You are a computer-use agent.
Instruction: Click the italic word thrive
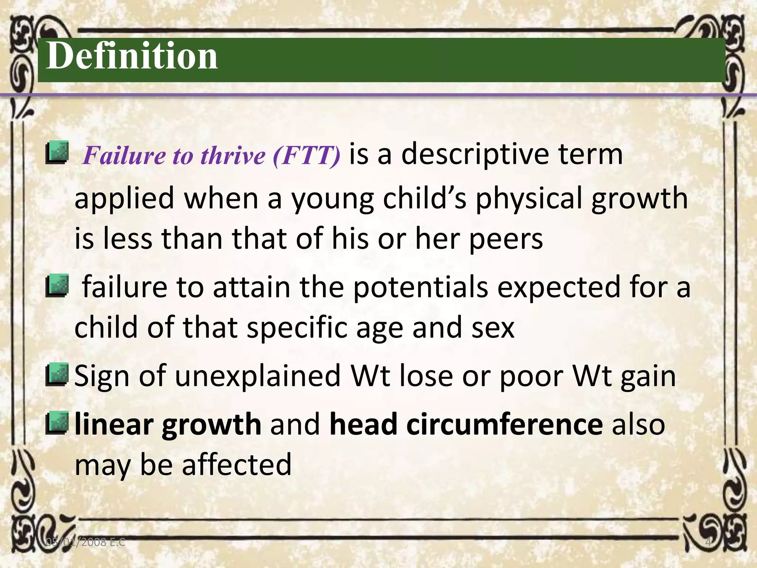coord(233,155)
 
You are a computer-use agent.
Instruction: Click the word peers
coord(506,239)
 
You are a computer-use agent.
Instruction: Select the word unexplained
coord(258,376)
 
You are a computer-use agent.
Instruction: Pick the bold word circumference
coord(466,425)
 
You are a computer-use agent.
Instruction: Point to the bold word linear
coord(114,425)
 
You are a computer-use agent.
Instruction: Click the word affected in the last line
coord(237,465)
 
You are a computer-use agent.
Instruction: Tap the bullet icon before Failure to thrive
coord(57,153)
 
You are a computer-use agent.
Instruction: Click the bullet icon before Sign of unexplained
coord(57,375)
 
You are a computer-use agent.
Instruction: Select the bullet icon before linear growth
coord(57,423)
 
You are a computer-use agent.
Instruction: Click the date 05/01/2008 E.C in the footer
coord(85,542)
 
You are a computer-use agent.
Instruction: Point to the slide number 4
coord(708,542)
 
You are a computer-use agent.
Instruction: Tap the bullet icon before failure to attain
coord(57,286)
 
